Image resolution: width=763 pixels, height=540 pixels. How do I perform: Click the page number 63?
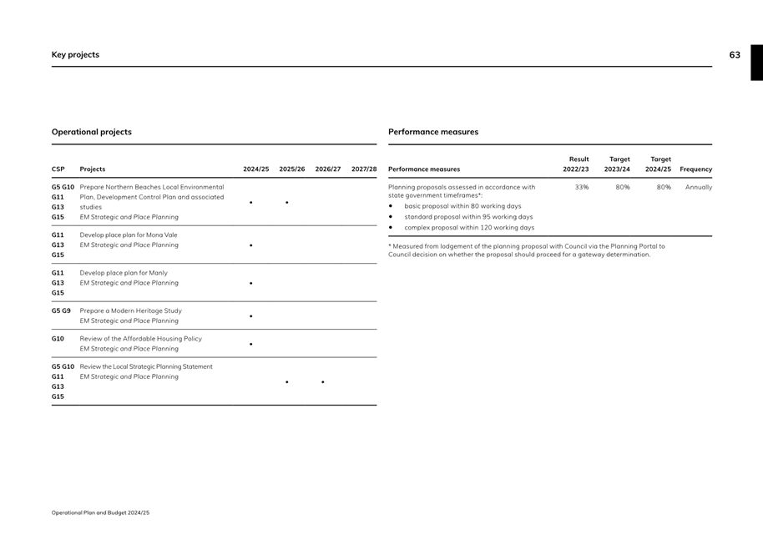pyautogui.click(x=734, y=55)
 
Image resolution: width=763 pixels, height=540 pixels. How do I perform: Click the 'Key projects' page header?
pyautogui.click(x=75, y=55)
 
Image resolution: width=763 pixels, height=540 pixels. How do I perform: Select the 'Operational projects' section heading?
pyautogui.click(x=92, y=132)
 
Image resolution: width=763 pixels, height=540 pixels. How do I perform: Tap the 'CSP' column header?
pyautogui.click(x=58, y=169)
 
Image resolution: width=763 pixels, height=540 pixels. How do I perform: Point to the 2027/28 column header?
pyautogui.click(x=364, y=169)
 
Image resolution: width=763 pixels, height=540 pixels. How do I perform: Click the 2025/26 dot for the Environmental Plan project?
pyautogui.click(x=286, y=202)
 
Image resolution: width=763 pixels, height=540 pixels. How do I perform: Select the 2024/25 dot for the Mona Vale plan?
pyautogui.click(x=251, y=246)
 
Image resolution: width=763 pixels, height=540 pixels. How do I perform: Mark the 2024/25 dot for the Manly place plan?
pyautogui.click(x=251, y=283)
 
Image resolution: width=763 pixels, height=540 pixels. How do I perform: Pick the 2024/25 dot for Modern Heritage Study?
pyautogui.click(x=251, y=316)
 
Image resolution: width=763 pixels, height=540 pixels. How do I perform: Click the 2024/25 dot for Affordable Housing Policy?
pyautogui.click(x=251, y=344)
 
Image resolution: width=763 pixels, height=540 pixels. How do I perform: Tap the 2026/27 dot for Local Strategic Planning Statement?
pyautogui.click(x=322, y=382)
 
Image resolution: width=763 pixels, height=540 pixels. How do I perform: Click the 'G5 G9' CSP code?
pyautogui.click(x=61, y=310)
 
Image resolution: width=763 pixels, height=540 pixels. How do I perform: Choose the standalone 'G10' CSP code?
pyautogui.click(x=58, y=339)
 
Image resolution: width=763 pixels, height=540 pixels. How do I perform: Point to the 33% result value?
pyautogui.click(x=582, y=188)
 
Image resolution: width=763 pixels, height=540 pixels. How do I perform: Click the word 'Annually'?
pyautogui.click(x=698, y=188)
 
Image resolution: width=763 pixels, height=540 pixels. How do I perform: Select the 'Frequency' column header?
pyautogui.click(x=696, y=169)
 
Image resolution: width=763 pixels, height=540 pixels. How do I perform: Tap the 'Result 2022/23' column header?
pyautogui.click(x=576, y=164)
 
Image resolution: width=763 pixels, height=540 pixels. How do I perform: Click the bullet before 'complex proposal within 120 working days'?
pyautogui.click(x=391, y=228)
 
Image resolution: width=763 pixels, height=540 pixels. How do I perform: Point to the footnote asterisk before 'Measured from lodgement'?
pyautogui.click(x=391, y=246)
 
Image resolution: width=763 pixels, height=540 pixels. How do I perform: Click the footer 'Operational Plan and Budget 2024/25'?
pyautogui.click(x=100, y=512)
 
